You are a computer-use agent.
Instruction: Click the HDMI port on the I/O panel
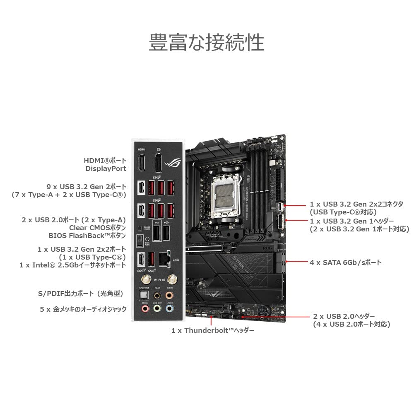click(x=141, y=162)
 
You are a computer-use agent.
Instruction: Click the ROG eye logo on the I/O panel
click(x=171, y=162)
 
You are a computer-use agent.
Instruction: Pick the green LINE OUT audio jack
click(x=156, y=308)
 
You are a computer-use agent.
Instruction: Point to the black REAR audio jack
click(x=156, y=296)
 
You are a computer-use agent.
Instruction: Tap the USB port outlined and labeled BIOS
click(x=157, y=234)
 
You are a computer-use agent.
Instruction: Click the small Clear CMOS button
click(x=140, y=228)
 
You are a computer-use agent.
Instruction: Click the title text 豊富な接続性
click(x=206, y=43)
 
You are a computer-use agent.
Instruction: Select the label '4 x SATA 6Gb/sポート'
click(x=345, y=262)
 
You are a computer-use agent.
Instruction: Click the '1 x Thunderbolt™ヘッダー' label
click(x=213, y=330)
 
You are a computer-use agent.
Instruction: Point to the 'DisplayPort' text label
click(x=106, y=168)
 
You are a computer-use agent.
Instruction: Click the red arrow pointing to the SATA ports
click(x=296, y=262)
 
